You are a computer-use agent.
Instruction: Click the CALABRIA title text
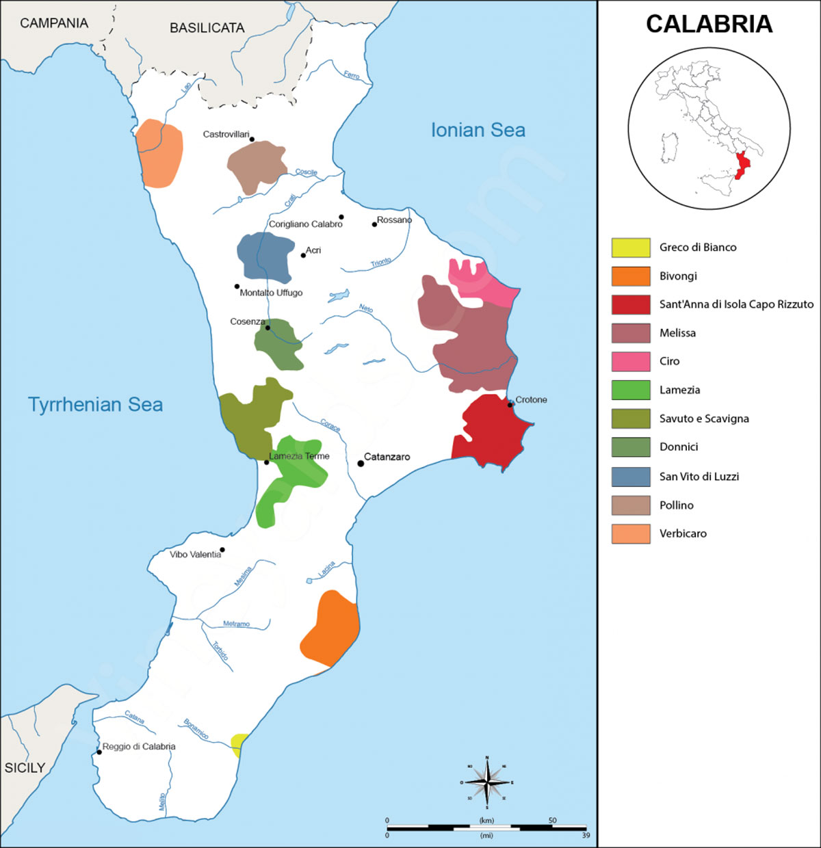pos(709,24)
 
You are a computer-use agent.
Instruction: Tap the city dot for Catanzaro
pos(361,464)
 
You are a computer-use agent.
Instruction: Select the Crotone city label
pos(531,399)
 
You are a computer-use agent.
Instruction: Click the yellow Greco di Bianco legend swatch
pos(630,248)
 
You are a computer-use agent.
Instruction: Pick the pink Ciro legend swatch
pos(630,361)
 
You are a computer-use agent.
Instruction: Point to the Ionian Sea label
pos(478,130)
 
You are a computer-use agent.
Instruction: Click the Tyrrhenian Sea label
pos(95,404)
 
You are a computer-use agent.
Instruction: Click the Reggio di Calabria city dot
pos(99,752)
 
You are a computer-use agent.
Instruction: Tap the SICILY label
pos(25,768)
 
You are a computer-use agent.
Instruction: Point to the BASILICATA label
pos(207,28)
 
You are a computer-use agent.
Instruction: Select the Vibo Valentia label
pos(195,554)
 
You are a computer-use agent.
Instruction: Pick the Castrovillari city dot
pos(252,140)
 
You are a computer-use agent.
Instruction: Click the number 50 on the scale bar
pos(552,820)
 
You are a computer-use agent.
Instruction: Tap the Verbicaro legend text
pos(683,533)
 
